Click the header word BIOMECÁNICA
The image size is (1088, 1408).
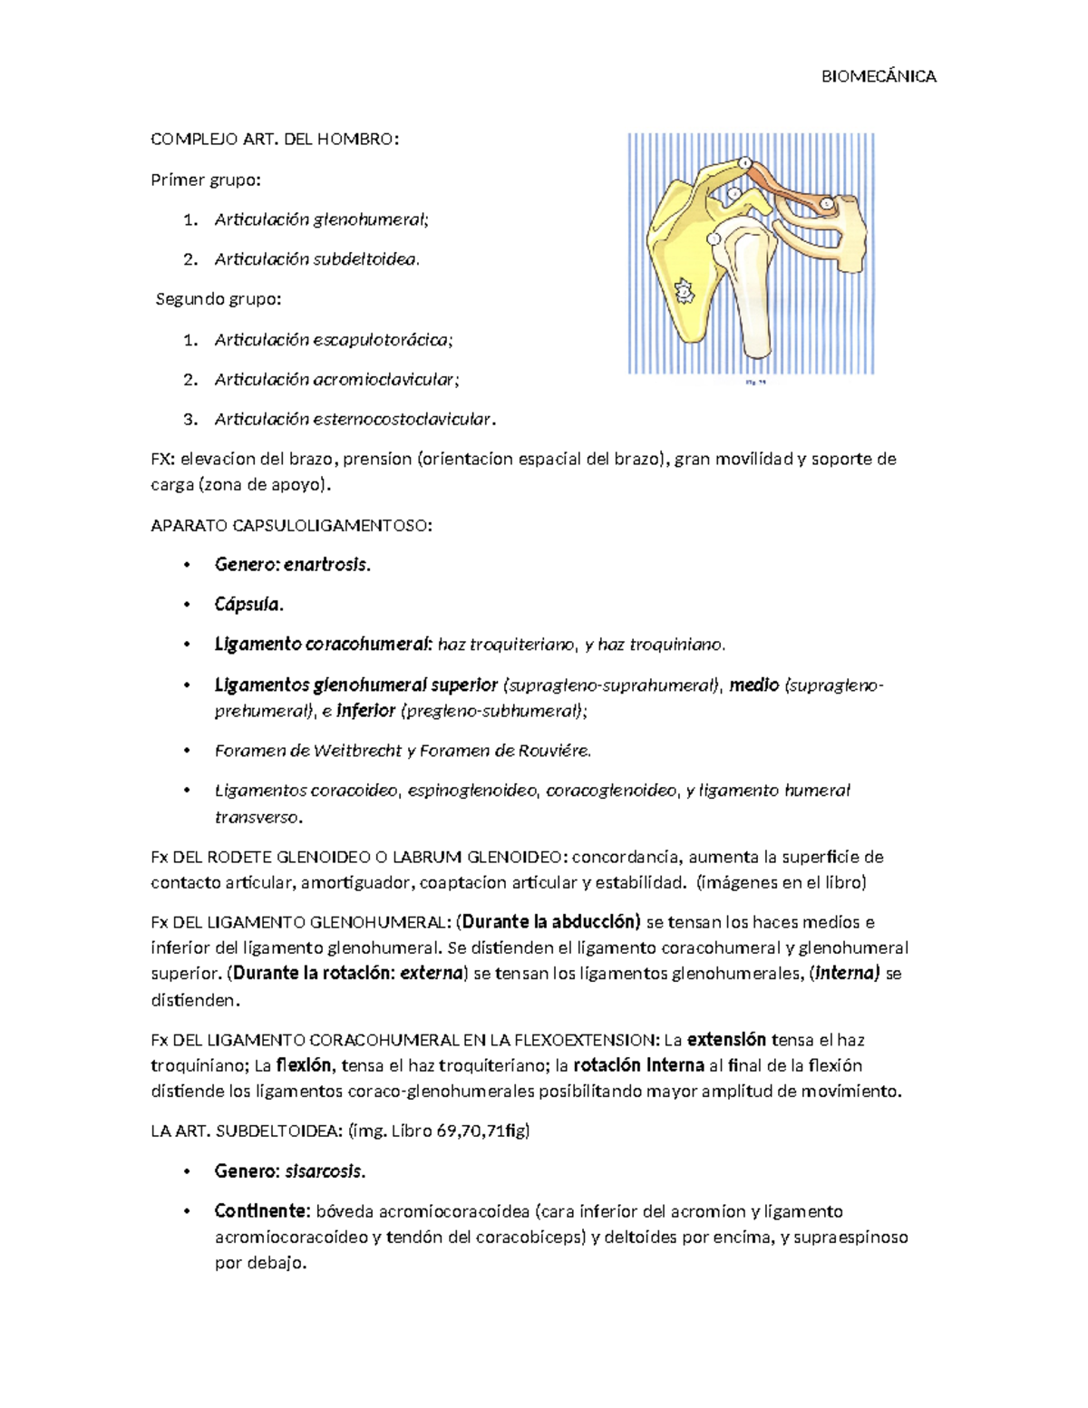pos(878,77)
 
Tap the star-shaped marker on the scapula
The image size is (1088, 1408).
pos(685,292)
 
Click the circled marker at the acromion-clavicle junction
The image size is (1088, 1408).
pos(744,164)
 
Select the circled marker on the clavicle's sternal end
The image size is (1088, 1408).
pos(827,205)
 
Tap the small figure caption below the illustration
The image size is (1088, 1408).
pos(754,384)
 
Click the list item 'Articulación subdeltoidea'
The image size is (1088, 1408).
pos(316,259)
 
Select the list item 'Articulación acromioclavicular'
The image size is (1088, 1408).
pos(336,380)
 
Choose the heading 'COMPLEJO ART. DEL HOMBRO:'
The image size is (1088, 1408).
pos(274,140)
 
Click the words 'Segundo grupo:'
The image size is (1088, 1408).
pos(219,299)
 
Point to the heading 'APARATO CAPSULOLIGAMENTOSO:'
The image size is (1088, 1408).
pos(291,526)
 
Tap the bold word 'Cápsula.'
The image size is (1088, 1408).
pos(248,605)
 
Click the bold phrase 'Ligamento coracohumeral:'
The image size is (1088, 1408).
pos(324,645)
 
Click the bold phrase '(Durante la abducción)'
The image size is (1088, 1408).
pos(549,923)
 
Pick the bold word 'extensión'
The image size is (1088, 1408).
pos(726,1040)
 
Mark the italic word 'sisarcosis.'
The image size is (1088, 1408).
pos(325,1171)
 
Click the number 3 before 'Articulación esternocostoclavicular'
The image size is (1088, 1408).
pos(189,420)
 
